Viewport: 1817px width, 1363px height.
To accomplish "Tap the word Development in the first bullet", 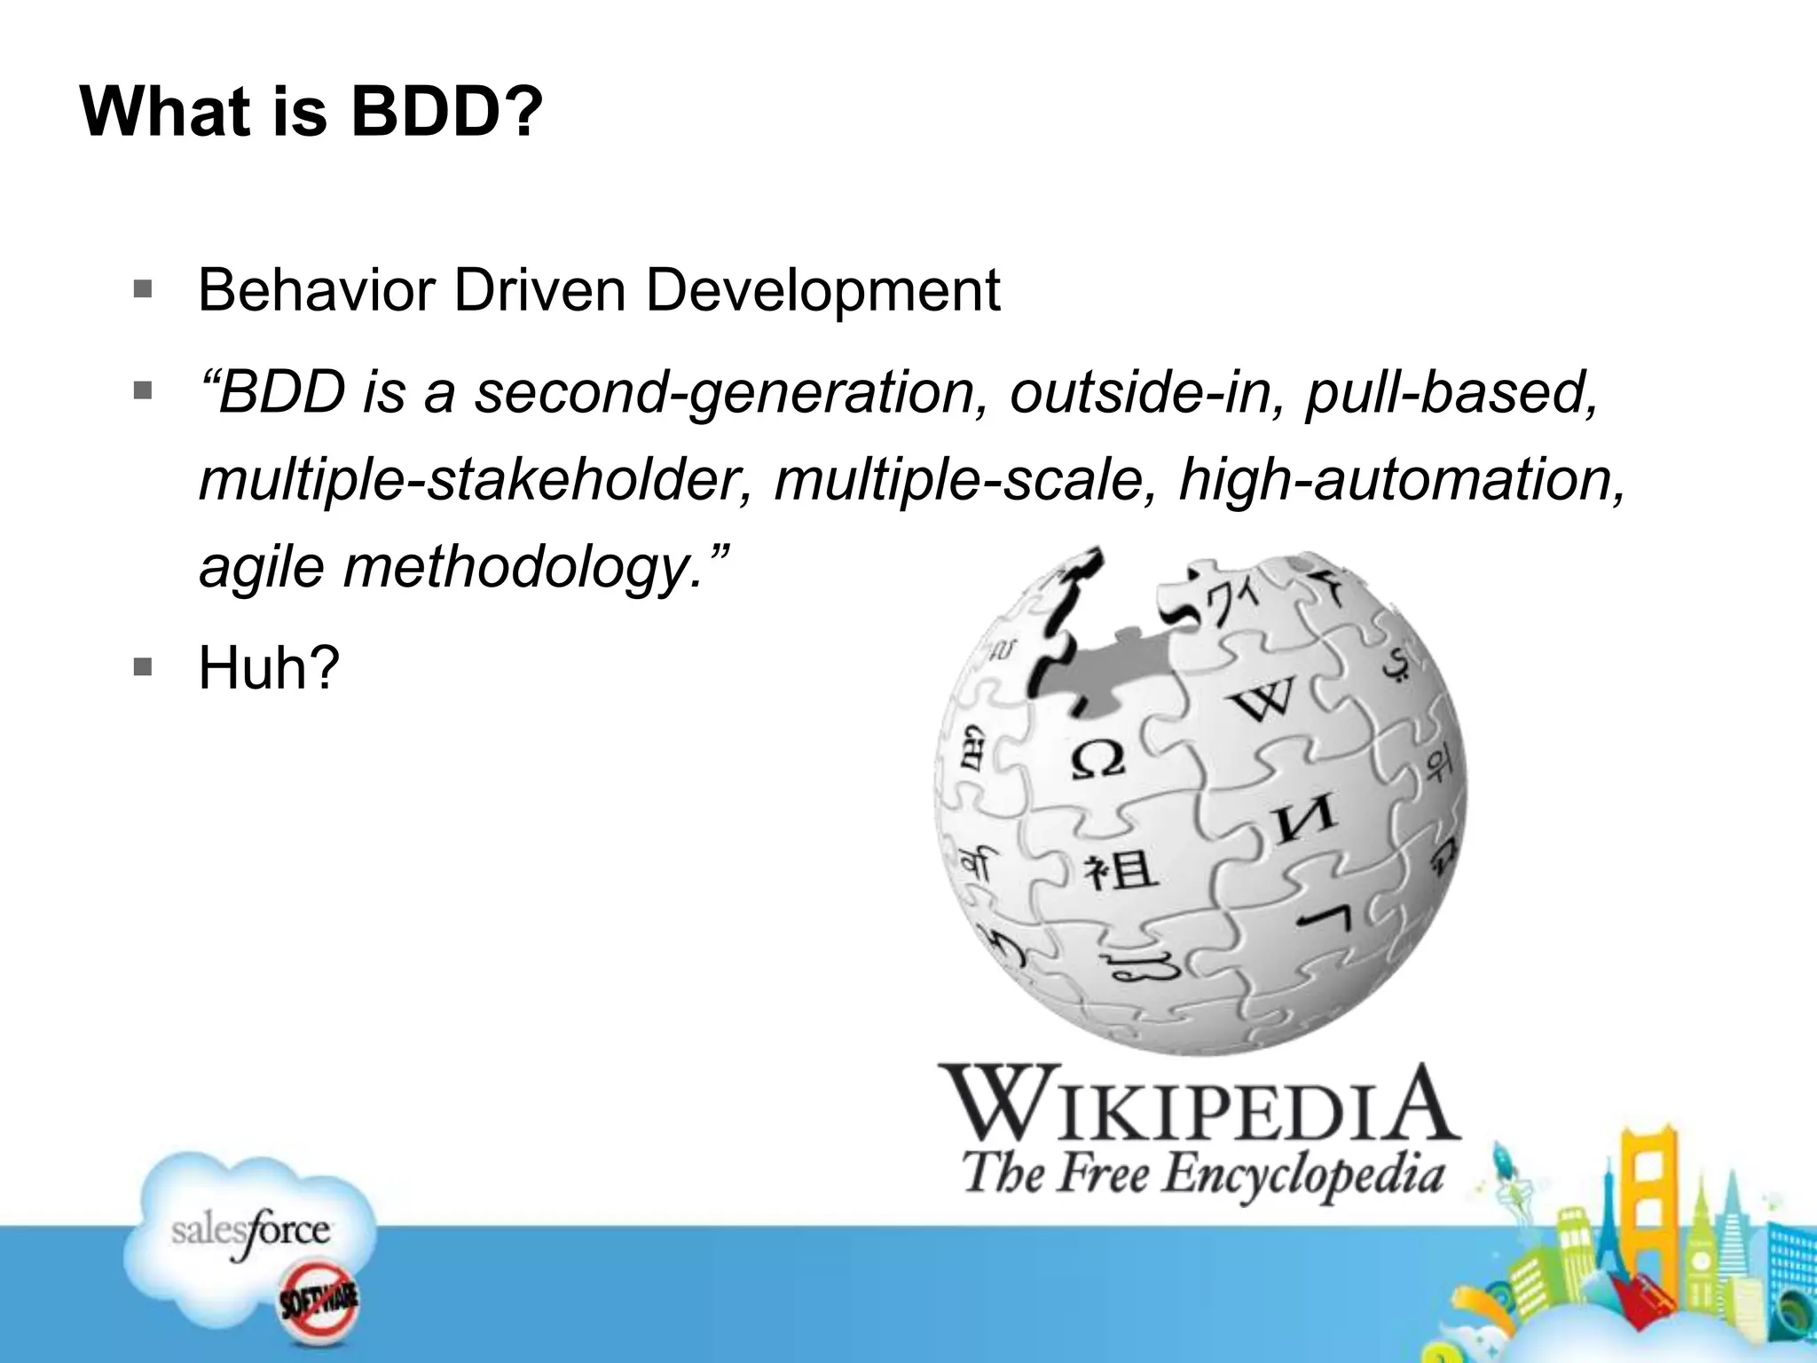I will (x=822, y=290).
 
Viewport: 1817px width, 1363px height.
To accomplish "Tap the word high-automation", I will (x=1401, y=479).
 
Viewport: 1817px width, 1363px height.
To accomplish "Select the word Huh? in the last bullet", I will (x=269, y=668).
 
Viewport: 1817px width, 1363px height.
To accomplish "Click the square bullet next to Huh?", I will (x=143, y=666).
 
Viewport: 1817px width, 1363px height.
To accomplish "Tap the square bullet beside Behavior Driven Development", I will (x=143, y=289).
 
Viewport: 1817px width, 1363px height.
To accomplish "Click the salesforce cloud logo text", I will (x=251, y=1232).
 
